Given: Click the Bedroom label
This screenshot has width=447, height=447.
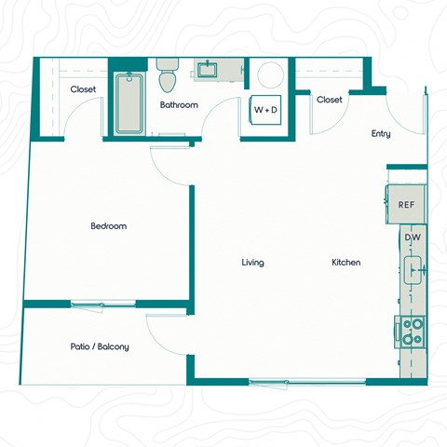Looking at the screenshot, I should (108, 226).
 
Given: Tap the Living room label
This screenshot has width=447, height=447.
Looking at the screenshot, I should (252, 263).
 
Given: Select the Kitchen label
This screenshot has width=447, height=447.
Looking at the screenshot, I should (345, 263).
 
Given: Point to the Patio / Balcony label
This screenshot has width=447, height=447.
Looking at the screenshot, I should (100, 346).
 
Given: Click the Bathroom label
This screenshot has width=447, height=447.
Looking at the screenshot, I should (179, 105).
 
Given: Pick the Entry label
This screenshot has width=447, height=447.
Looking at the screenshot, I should (381, 134).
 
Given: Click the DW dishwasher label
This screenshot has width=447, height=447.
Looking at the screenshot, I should (413, 238).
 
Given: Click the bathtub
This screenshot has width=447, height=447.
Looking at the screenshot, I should (127, 104).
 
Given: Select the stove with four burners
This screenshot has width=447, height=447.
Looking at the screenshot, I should (412, 331).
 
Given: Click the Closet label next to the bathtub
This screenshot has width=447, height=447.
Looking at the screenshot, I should (84, 89).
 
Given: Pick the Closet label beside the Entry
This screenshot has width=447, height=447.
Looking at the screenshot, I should (329, 100).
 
